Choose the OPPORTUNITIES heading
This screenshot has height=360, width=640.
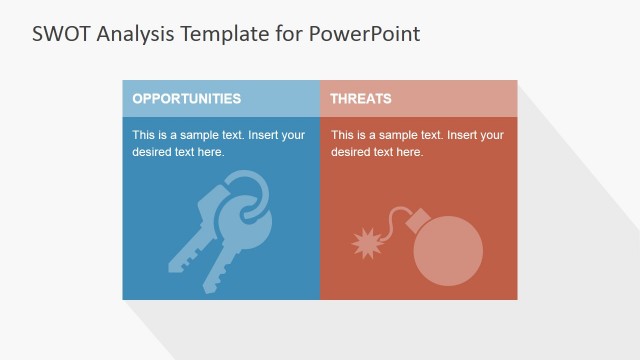[x=186, y=99]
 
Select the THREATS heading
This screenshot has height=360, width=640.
[x=360, y=99]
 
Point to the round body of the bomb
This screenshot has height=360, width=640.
[x=447, y=250]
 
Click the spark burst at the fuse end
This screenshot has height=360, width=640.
[x=366, y=242]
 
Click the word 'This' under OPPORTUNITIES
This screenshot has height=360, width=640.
[x=144, y=135]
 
